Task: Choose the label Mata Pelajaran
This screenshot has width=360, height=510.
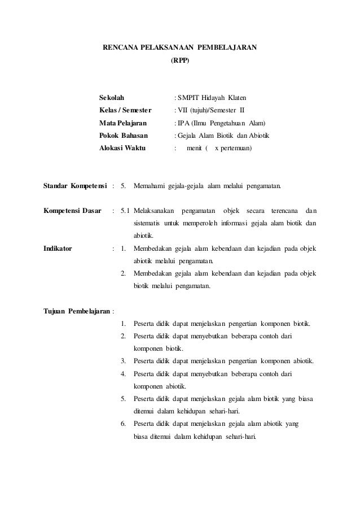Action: pyautogui.click(x=123, y=123)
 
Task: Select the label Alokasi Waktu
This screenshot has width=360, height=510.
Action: pyautogui.click(x=122, y=149)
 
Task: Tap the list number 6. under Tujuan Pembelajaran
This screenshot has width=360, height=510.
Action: pyautogui.click(x=123, y=423)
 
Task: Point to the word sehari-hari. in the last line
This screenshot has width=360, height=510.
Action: pyautogui.click(x=240, y=435)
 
